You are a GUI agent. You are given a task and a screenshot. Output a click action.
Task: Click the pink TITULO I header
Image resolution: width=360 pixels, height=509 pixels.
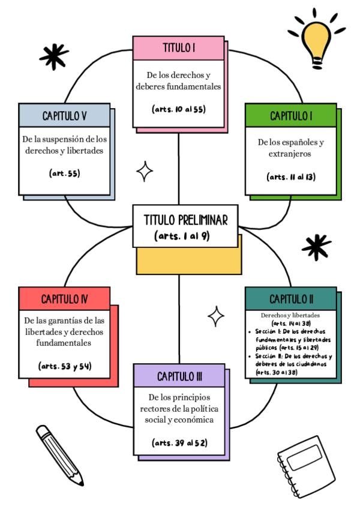coord(179,48)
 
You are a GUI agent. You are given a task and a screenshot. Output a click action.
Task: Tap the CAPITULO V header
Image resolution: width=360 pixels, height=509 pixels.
coord(64,115)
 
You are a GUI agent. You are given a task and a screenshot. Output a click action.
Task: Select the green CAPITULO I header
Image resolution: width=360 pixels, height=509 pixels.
coord(291,115)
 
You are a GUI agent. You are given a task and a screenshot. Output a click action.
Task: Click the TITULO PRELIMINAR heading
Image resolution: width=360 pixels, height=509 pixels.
coord(185,220)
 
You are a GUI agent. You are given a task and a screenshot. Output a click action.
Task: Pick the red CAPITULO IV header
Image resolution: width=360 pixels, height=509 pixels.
coord(64,298)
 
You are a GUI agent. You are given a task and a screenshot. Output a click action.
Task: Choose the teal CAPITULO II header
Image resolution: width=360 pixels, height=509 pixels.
coord(291,298)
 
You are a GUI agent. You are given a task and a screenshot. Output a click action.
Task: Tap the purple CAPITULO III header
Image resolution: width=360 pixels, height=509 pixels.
coord(179,376)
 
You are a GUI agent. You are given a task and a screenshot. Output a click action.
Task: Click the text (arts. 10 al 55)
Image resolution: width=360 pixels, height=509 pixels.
coord(179,109)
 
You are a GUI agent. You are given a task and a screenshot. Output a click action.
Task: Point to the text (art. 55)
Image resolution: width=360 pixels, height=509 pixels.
coord(64,173)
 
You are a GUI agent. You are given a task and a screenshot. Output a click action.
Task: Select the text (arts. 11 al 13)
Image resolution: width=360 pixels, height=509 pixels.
coord(291,176)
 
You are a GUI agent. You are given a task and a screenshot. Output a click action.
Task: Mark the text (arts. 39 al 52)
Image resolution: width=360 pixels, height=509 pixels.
coord(179,443)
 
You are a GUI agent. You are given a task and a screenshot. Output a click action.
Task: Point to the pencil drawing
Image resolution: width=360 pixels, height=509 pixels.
coord(58,454)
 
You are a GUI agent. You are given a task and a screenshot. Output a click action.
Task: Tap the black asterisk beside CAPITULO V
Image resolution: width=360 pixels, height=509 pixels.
coord(53,55)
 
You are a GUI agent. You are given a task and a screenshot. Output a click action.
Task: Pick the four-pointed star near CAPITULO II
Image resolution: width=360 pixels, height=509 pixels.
coord(216,316)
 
